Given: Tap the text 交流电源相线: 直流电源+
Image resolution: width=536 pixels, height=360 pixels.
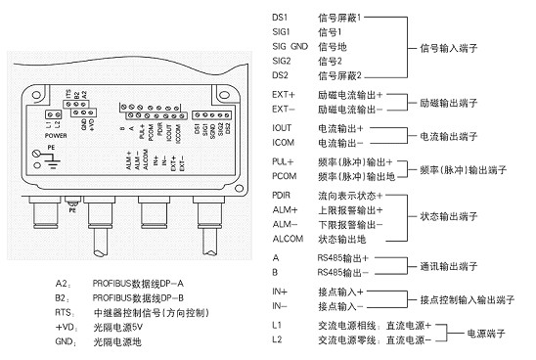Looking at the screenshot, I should [376, 325].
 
